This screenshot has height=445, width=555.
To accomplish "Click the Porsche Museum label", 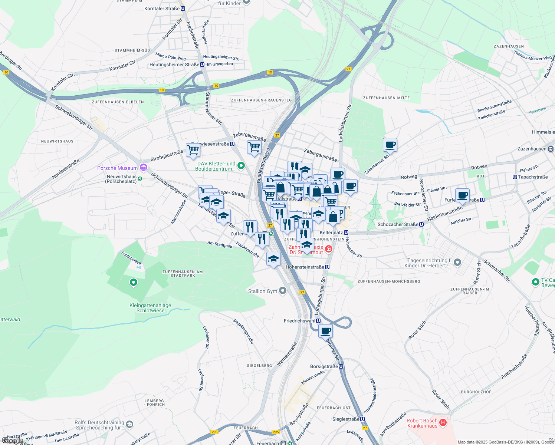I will [117, 168].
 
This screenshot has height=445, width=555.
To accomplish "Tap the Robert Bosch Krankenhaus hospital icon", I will [443, 421].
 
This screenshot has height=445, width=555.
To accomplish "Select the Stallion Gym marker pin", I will [283, 291].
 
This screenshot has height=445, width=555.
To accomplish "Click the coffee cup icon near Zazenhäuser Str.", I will [390, 145].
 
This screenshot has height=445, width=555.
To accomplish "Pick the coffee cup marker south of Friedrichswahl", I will [325, 331].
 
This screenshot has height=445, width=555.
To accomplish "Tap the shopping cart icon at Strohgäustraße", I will [193, 150].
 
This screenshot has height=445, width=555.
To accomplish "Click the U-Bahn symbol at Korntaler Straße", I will [183, 9].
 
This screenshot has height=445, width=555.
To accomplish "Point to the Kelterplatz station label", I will [331, 233].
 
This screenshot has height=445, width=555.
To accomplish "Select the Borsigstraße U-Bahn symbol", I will [341, 366].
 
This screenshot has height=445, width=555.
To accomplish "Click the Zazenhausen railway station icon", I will [551, 149].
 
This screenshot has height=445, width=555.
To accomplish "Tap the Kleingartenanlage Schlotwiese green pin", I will [134, 283].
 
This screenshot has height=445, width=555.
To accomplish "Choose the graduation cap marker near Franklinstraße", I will [273, 258].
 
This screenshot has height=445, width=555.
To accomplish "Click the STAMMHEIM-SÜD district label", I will [132, 50].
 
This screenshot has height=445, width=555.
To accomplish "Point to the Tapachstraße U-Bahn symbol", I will [515, 177].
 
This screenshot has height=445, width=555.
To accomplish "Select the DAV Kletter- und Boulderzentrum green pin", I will [241, 166].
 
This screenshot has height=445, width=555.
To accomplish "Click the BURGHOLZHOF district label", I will [476, 392].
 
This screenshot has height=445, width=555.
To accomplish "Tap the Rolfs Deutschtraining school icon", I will [129, 424].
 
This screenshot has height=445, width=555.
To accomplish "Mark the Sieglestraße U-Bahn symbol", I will [362, 419].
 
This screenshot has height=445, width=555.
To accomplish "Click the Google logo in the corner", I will [12, 441].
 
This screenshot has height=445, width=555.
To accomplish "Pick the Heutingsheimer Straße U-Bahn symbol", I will [202, 65].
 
